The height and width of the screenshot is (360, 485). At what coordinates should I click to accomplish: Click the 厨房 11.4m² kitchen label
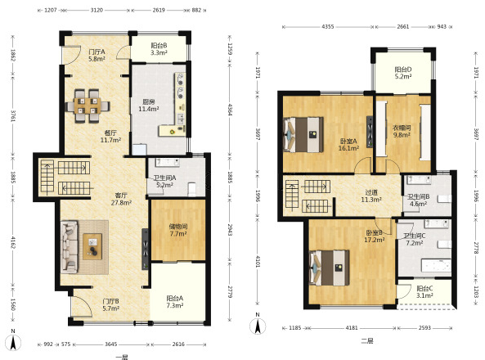point(149,106)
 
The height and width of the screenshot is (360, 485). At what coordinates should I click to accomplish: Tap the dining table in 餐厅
point(88,106)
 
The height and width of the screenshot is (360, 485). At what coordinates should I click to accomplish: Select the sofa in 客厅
point(70,247)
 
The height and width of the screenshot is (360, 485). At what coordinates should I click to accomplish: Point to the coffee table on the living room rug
point(92,247)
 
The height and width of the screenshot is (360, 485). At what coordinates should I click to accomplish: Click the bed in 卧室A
point(303,135)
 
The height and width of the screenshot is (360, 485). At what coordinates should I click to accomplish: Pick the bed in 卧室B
point(330,268)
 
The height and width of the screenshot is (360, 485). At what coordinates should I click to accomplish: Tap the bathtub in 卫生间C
point(436,266)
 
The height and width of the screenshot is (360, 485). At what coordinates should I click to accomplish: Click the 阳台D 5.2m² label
point(403,73)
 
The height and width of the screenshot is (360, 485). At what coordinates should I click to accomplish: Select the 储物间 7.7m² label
point(178,230)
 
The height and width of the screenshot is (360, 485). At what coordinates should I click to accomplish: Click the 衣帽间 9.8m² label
point(402,131)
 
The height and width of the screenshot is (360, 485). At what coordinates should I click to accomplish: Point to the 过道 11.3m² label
point(371,196)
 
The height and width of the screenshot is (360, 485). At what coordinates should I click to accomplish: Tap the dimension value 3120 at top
point(97,10)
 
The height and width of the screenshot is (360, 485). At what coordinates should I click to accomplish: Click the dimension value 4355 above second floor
point(328,27)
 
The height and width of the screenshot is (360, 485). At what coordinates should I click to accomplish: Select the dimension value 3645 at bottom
point(110,344)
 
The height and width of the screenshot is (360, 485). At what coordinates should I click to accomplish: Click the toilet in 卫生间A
point(191,189)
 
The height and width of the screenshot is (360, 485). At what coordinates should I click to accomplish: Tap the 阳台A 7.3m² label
point(175,302)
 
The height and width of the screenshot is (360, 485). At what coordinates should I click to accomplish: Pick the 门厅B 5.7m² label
point(110,304)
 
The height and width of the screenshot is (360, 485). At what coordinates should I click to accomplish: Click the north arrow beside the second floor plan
point(258,326)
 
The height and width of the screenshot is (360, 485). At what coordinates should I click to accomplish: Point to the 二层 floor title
point(367,341)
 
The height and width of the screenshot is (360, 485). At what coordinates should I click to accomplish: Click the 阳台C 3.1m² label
point(424,292)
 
